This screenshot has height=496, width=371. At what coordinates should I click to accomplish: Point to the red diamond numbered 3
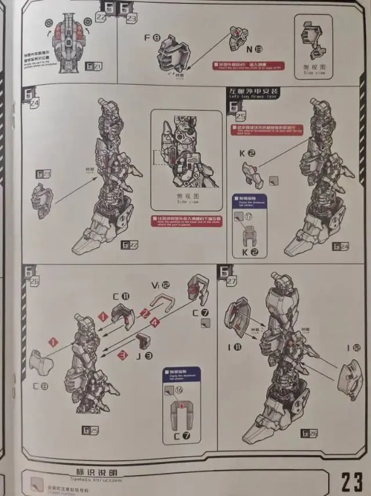(x=122, y=354)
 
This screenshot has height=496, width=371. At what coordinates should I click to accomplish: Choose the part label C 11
(x=122, y=296)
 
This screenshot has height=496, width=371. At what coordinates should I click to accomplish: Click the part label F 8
(x=152, y=38)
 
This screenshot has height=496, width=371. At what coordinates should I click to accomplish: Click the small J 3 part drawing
(x=143, y=342)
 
